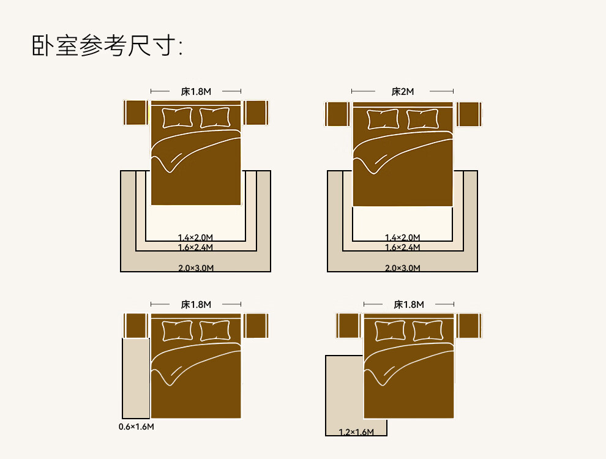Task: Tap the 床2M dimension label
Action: pos(402,92)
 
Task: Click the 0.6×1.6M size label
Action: pos(136,427)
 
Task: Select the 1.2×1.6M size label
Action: pos(356,432)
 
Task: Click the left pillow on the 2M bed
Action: pos(383,119)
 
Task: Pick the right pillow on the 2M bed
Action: pos(422,119)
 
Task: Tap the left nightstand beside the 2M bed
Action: pos(337,114)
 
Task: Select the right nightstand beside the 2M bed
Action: pos(469,114)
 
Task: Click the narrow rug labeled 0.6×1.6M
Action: pos(136,378)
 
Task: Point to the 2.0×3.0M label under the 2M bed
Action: pos(402,268)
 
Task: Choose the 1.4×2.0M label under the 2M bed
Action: pos(402,237)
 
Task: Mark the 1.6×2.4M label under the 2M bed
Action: pos(402,247)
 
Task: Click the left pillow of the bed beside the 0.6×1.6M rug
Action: pos(178,330)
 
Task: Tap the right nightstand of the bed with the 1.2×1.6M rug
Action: pos(469,326)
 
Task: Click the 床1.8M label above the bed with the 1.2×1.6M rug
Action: pos(408,304)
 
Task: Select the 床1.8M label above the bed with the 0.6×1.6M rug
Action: pos(196,304)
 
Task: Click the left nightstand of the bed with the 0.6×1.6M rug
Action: pos(136,326)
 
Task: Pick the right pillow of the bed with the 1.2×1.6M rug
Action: pos(428,330)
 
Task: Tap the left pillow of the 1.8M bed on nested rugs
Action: pos(178,118)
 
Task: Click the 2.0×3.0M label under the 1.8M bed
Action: pos(195,268)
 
